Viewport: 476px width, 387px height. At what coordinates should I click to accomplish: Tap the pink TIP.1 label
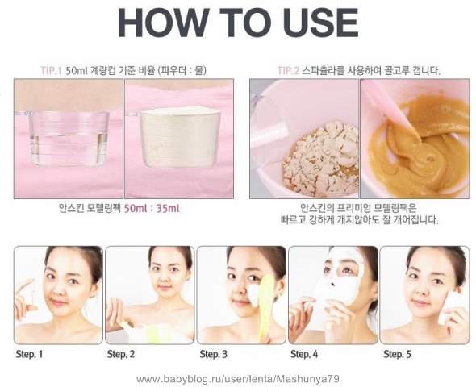(52, 71)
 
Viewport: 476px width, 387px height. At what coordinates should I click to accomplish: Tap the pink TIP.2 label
(288, 71)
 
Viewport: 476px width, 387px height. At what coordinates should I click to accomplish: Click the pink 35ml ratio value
(168, 209)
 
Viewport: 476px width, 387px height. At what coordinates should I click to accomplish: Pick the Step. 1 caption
(29, 354)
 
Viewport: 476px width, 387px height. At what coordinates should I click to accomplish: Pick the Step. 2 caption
(121, 354)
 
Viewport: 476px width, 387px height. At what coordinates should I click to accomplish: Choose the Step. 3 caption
(214, 354)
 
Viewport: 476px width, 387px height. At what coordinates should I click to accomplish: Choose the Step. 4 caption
(304, 354)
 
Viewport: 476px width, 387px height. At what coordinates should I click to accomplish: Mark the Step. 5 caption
(397, 354)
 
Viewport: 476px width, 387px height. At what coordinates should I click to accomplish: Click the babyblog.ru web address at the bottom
(238, 379)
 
